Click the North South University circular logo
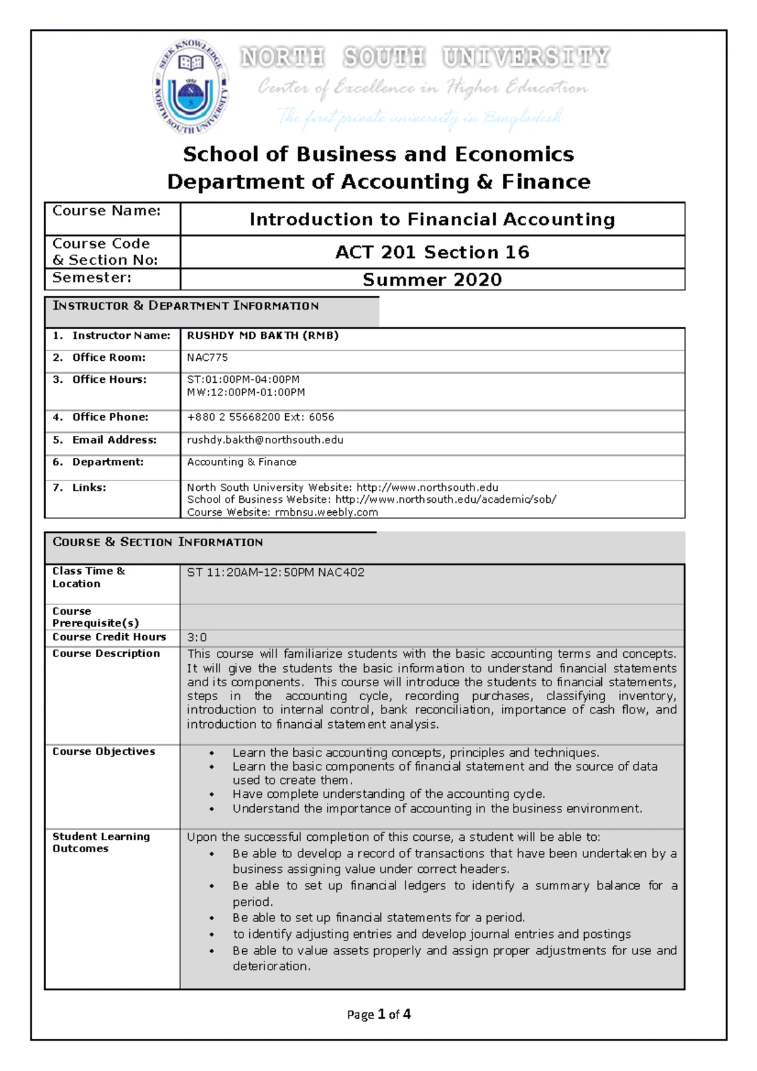tap(190, 86)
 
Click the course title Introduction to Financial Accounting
tap(432, 219)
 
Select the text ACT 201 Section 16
tap(432, 252)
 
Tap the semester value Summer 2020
tap(432, 280)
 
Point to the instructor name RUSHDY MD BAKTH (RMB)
tap(262, 336)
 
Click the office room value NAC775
tap(207, 358)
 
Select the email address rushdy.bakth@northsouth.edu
tap(265, 440)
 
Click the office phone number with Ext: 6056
tap(260, 417)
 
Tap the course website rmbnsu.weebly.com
tap(326, 512)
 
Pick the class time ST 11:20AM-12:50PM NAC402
tap(275, 573)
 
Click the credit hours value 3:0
tap(197, 637)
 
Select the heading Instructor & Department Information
tap(185, 306)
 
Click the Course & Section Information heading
tap(158, 542)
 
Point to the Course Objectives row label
tap(103, 751)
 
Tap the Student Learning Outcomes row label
tap(101, 842)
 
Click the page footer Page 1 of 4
tap(378, 1014)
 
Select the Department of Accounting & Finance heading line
tap(378, 182)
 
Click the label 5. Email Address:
tap(105, 440)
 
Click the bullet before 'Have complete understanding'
tap(212, 795)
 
